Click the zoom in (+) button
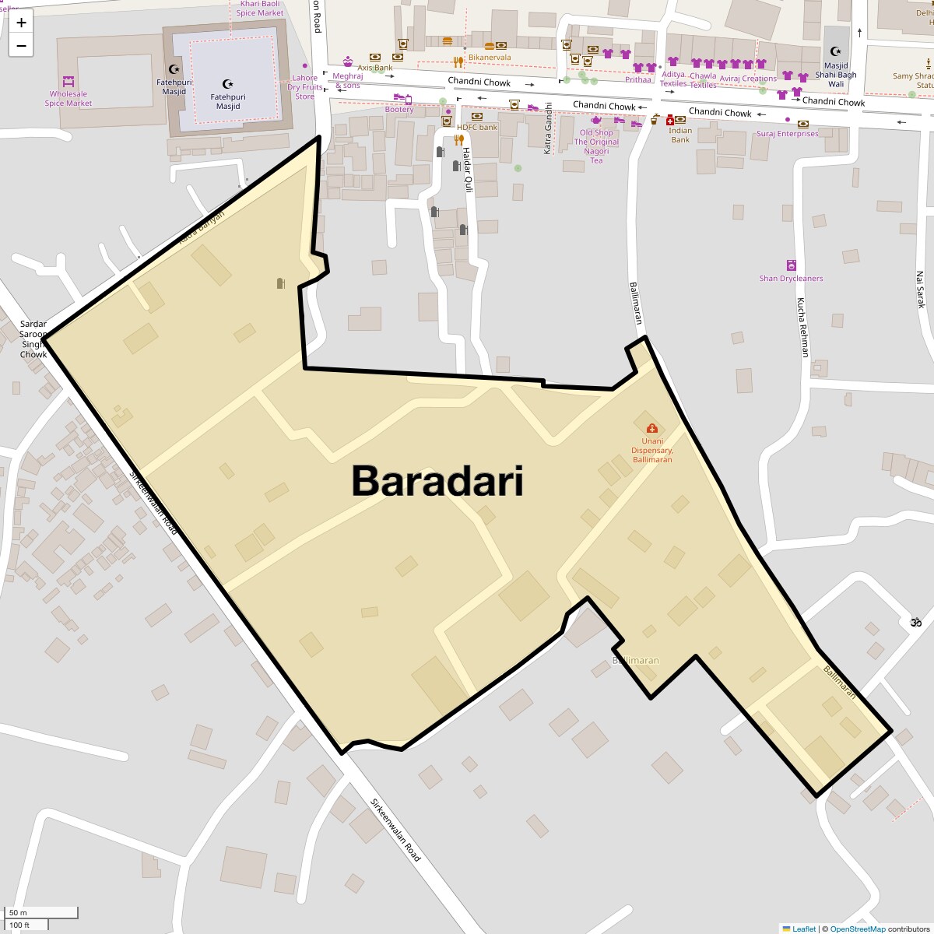pyautogui.click(x=21, y=23)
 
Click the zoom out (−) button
pyautogui.click(x=21, y=46)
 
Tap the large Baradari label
pyautogui.click(x=437, y=480)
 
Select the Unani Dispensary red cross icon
pyautogui.click(x=651, y=428)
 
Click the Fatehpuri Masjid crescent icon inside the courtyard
pyautogui.click(x=227, y=83)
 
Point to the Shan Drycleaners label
pyautogui.click(x=791, y=279)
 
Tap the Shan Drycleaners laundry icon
pyautogui.click(x=791, y=265)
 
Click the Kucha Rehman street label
pyautogui.click(x=802, y=327)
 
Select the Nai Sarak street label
pyautogui.click(x=920, y=290)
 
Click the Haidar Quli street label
pyautogui.click(x=468, y=170)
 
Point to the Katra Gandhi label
pyautogui.click(x=548, y=129)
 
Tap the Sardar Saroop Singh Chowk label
pyautogui.click(x=33, y=339)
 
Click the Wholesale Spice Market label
pyautogui.click(x=68, y=99)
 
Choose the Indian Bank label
pyautogui.click(x=680, y=135)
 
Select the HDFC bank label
pyautogui.click(x=477, y=128)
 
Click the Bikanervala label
pyautogui.click(x=490, y=58)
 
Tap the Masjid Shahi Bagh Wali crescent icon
pyautogui.click(x=836, y=51)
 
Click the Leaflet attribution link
pyautogui.click(x=804, y=929)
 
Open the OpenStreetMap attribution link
pyautogui.click(x=857, y=929)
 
